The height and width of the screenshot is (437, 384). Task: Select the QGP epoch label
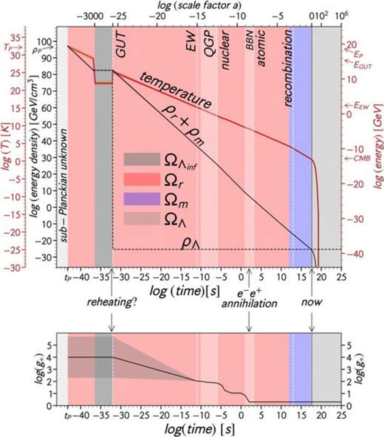point(209,47)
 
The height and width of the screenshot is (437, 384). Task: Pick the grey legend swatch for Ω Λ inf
point(141,159)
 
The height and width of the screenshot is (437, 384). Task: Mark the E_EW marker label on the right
point(358,105)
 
